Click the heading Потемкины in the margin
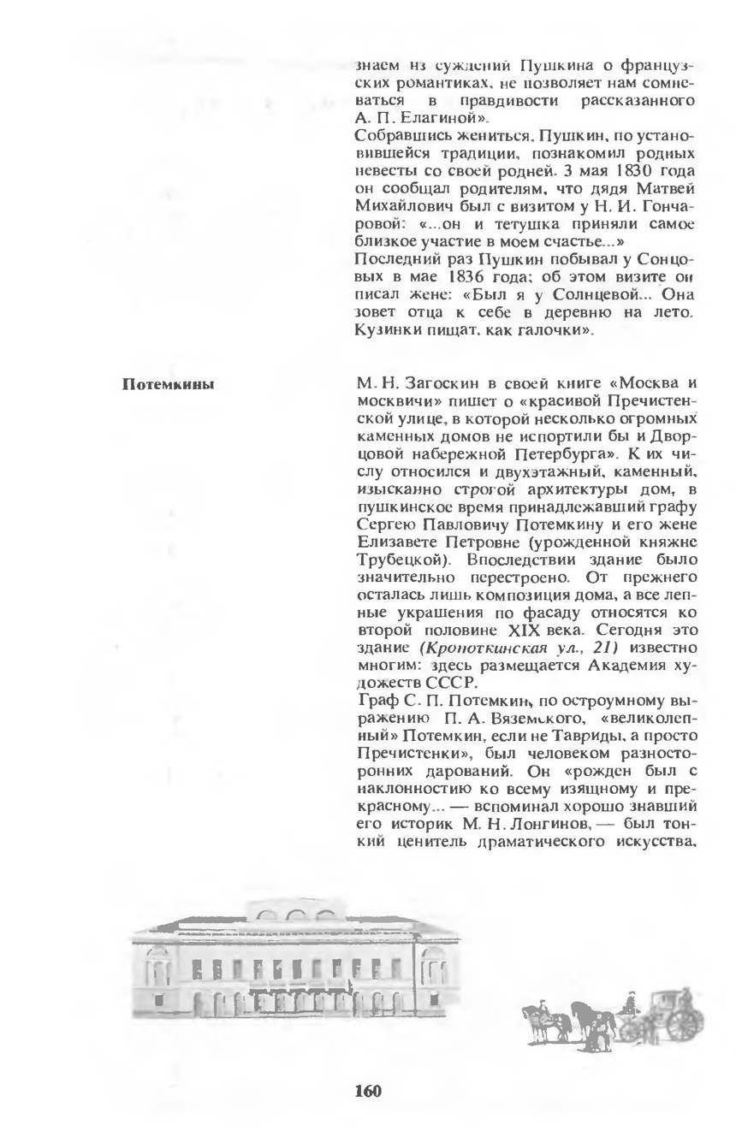(x=169, y=383)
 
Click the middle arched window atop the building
(x=295, y=916)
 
